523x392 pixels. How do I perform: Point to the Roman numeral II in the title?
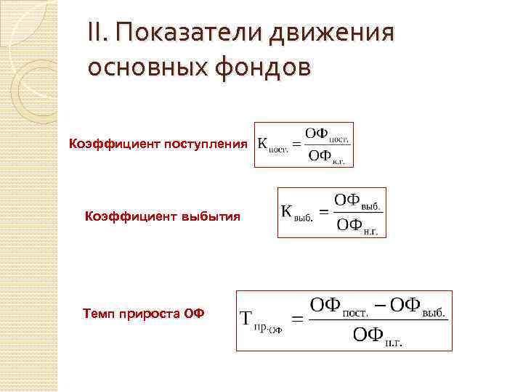tap(97, 33)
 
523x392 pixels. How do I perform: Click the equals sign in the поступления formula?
tap(297, 144)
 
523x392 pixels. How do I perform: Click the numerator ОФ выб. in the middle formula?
tap(357, 200)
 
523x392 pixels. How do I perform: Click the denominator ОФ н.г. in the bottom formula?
tap(377, 335)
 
